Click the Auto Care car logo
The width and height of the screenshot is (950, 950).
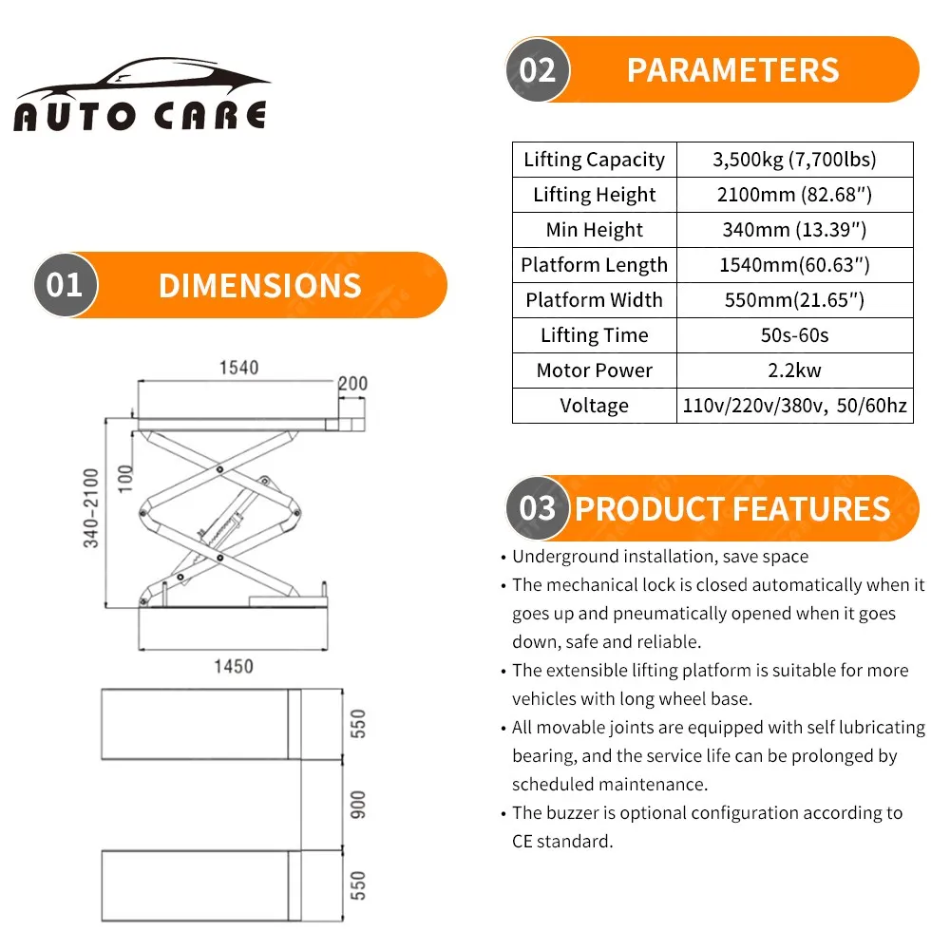pyautogui.click(x=141, y=95)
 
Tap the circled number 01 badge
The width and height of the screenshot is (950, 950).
pyautogui.click(x=65, y=285)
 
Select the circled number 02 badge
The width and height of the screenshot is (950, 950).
pyautogui.click(x=538, y=69)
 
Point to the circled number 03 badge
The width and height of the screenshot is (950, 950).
pyautogui.click(x=538, y=508)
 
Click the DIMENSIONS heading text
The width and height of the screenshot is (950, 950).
pyautogui.click(x=259, y=286)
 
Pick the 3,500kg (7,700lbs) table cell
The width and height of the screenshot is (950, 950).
pyautogui.click(x=794, y=160)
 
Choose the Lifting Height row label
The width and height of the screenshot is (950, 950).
pyautogui.click(x=595, y=195)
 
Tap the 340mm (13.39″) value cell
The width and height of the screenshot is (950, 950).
pyautogui.click(x=794, y=230)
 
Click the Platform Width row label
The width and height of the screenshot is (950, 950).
pyautogui.click(x=595, y=300)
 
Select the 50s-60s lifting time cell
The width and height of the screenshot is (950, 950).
pyautogui.click(x=794, y=335)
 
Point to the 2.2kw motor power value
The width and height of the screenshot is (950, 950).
pyautogui.click(x=794, y=370)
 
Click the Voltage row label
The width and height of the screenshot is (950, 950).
pyautogui.click(x=595, y=406)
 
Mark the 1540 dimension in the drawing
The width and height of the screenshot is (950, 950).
pyautogui.click(x=238, y=368)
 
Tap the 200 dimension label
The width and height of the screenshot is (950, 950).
pyautogui.click(x=351, y=384)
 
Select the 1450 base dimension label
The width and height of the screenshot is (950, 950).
pyautogui.click(x=233, y=666)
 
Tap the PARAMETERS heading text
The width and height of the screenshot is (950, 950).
pyautogui.click(x=732, y=70)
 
